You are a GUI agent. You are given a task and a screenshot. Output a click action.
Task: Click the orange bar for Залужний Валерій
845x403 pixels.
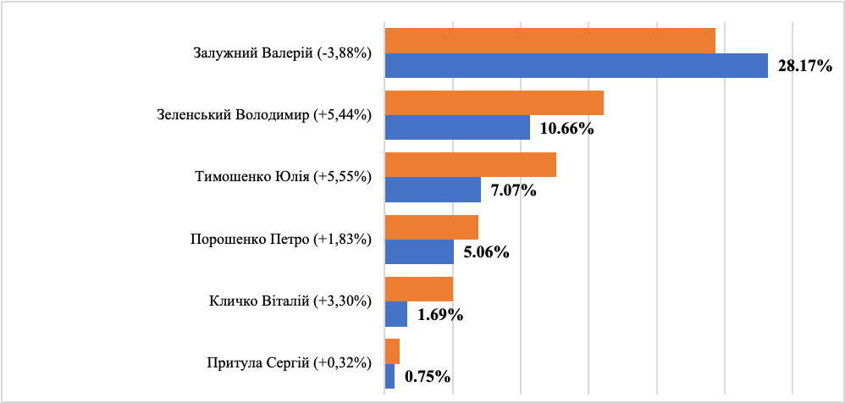550,41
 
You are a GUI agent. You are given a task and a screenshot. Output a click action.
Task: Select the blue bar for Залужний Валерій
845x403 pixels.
576,65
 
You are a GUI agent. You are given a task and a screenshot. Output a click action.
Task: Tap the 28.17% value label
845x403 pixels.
806,66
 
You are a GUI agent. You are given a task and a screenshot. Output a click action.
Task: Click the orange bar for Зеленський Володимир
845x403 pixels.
494,102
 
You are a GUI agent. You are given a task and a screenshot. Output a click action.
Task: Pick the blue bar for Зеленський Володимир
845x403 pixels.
457,128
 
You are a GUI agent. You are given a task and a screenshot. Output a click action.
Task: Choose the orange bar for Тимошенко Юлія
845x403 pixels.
470,165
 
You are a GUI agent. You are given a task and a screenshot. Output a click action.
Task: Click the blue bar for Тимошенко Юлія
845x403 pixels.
433,190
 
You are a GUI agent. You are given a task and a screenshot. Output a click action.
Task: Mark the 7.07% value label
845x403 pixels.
514,190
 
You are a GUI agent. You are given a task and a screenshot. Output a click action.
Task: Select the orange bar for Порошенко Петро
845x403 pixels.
431,227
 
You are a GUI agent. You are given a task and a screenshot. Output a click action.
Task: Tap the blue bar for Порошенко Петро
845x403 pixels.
419,252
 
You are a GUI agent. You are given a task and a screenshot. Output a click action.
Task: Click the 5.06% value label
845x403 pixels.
486,252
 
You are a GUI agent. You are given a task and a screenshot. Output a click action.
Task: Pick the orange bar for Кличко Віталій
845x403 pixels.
418,290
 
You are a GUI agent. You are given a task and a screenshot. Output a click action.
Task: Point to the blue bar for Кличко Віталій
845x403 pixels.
395,314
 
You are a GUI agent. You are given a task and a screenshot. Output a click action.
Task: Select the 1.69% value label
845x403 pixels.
439,315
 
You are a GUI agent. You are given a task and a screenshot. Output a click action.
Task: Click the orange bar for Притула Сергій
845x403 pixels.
391,351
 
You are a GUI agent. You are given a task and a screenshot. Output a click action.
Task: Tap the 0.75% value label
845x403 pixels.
427,377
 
